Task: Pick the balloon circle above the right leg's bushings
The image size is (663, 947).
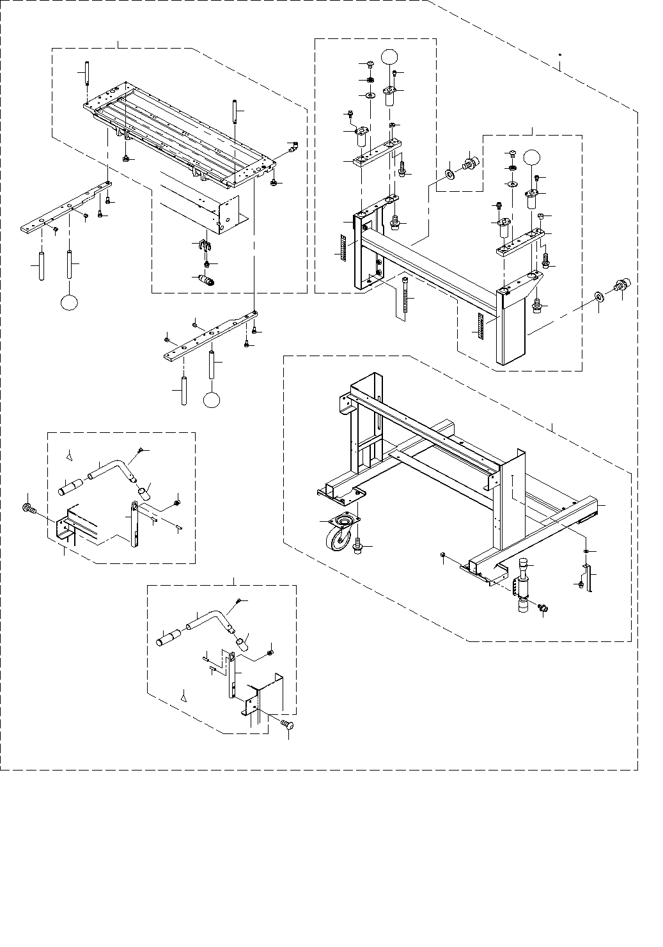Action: coord(533,157)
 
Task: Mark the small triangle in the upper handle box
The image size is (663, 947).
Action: coord(71,457)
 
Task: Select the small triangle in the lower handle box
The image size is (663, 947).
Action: coord(185,696)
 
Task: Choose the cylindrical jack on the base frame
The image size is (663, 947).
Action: coord(524,585)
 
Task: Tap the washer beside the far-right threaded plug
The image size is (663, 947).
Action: coord(599,297)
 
